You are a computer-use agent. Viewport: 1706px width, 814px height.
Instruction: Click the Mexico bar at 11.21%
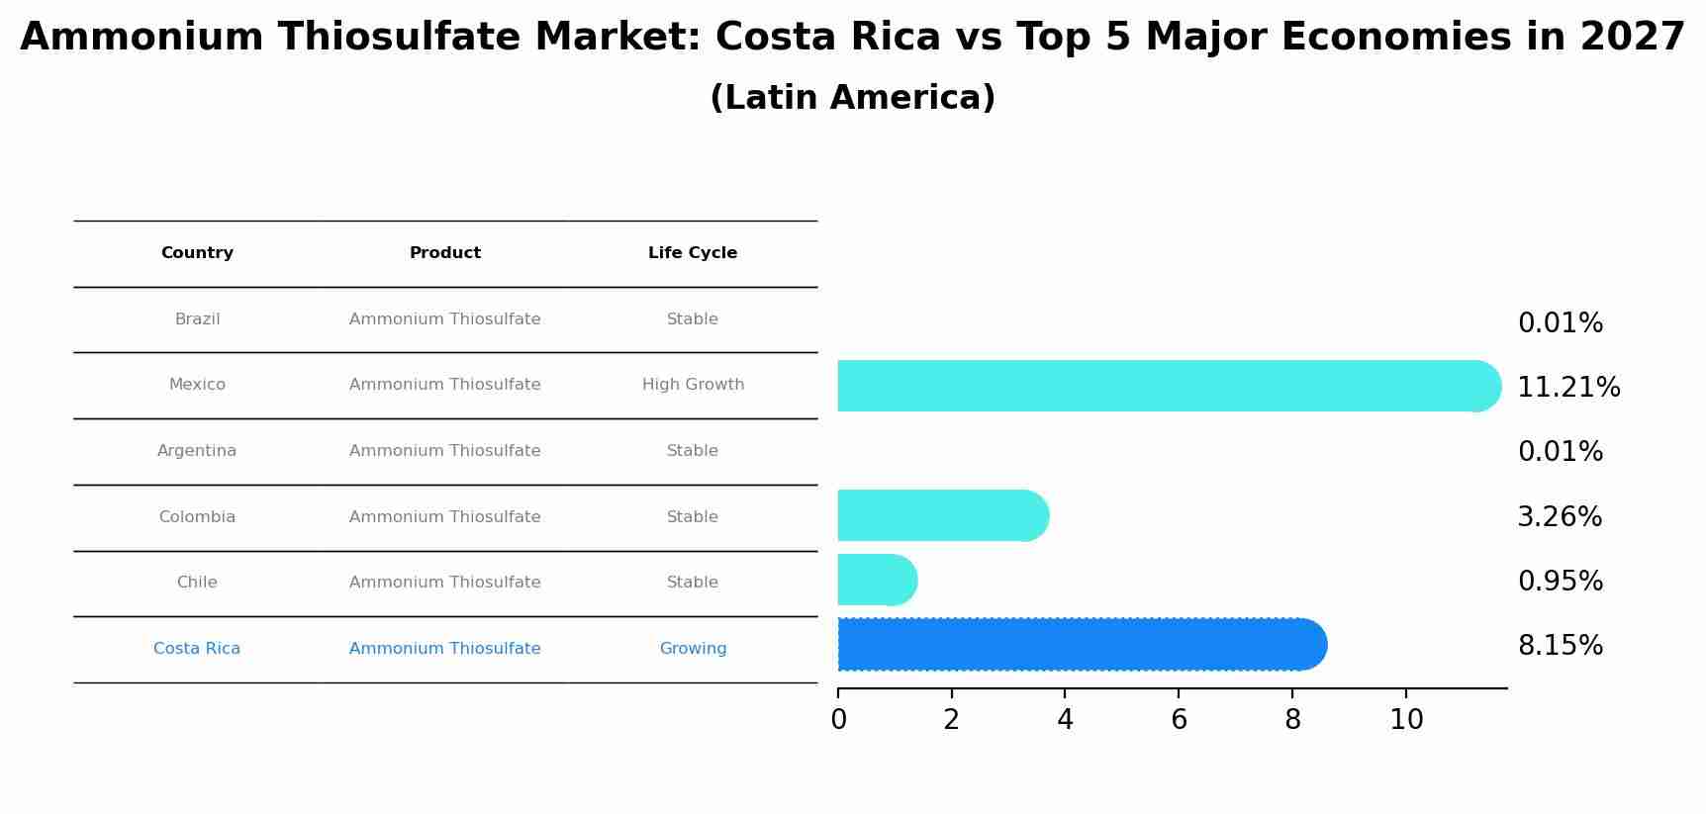[1168, 386]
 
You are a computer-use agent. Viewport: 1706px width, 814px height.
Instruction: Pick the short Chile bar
[877, 580]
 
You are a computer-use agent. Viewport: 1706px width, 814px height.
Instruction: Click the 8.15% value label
[1560, 646]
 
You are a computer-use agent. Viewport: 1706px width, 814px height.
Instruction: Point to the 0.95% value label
[1560, 582]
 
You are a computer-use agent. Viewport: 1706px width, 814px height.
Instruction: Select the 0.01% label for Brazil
[1560, 323]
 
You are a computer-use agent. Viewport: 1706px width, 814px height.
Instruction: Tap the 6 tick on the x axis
[1179, 720]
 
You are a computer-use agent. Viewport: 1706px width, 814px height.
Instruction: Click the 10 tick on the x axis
[1405, 720]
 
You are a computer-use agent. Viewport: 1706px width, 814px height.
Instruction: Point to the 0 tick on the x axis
[838, 720]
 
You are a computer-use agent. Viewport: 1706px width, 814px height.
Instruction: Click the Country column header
[197, 253]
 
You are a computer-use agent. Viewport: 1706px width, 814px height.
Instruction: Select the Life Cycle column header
[693, 253]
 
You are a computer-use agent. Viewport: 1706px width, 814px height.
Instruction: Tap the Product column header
[445, 253]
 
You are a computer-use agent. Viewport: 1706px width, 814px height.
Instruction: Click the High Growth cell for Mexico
[693, 385]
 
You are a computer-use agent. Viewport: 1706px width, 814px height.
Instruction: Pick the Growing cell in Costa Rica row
[693, 649]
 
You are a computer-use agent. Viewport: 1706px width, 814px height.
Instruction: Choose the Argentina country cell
[197, 451]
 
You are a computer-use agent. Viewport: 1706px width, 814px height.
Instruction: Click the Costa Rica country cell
[197, 649]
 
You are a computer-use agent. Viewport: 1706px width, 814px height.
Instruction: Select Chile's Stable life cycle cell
[693, 583]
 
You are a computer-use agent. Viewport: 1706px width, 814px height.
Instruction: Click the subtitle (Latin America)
[852, 98]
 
